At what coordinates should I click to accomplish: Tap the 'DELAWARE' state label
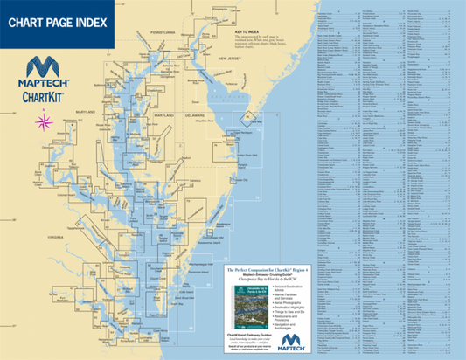[x=194, y=114]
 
